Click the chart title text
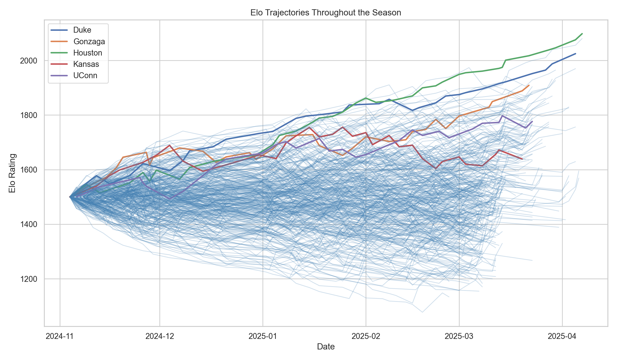pyautogui.click(x=326, y=13)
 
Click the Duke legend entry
pyautogui.click(x=82, y=30)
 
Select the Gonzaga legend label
pyautogui.click(x=89, y=41)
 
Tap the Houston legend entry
pyautogui.click(x=87, y=53)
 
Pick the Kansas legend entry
pyautogui.click(x=86, y=64)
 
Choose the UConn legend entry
pyautogui.click(x=85, y=75)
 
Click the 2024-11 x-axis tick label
pyautogui.click(x=60, y=336)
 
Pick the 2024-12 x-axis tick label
pyautogui.click(x=160, y=336)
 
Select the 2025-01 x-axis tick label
pyautogui.click(x=263, y=336)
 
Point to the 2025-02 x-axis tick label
pyautogui.click(x=366, y=336)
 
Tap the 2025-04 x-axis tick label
pyautogui.click(x=562, y=336)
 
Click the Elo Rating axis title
pyautogui.click(x=12, y=173)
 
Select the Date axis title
pyautogui.click(x=326, y=347)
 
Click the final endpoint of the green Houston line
pyautogui.click(x=582, y=34)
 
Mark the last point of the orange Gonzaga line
pyautogui.click(x=529, y=85)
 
